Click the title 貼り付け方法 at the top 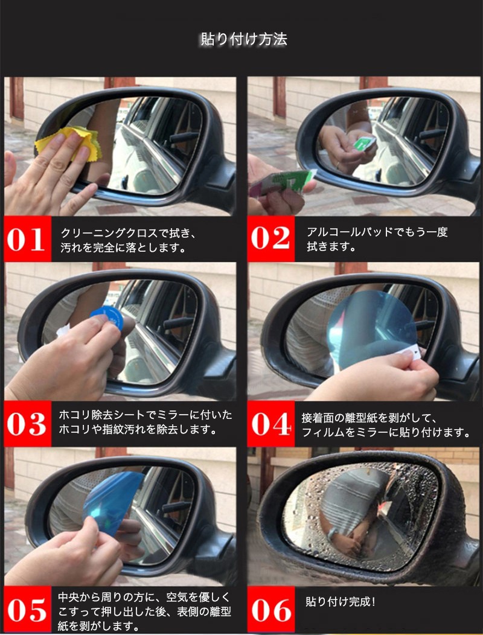click(x=244, y=39)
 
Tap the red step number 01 click(x=26, y=239)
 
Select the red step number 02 click(x=270, y=238)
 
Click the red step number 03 click(x=27, y=424)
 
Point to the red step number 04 click(x=271, y=424)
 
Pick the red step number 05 click(x=27, y=610)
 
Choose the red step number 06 click(x=271, y=610)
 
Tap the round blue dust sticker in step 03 click(x=107, y=317)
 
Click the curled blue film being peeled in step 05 click(x=112, y=502)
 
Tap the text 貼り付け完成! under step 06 click(x=341, y=602)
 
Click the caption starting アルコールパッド click(x=377, y=239)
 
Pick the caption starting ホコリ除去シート click(x=145, y=422)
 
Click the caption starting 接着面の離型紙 click(x=385, y=425)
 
